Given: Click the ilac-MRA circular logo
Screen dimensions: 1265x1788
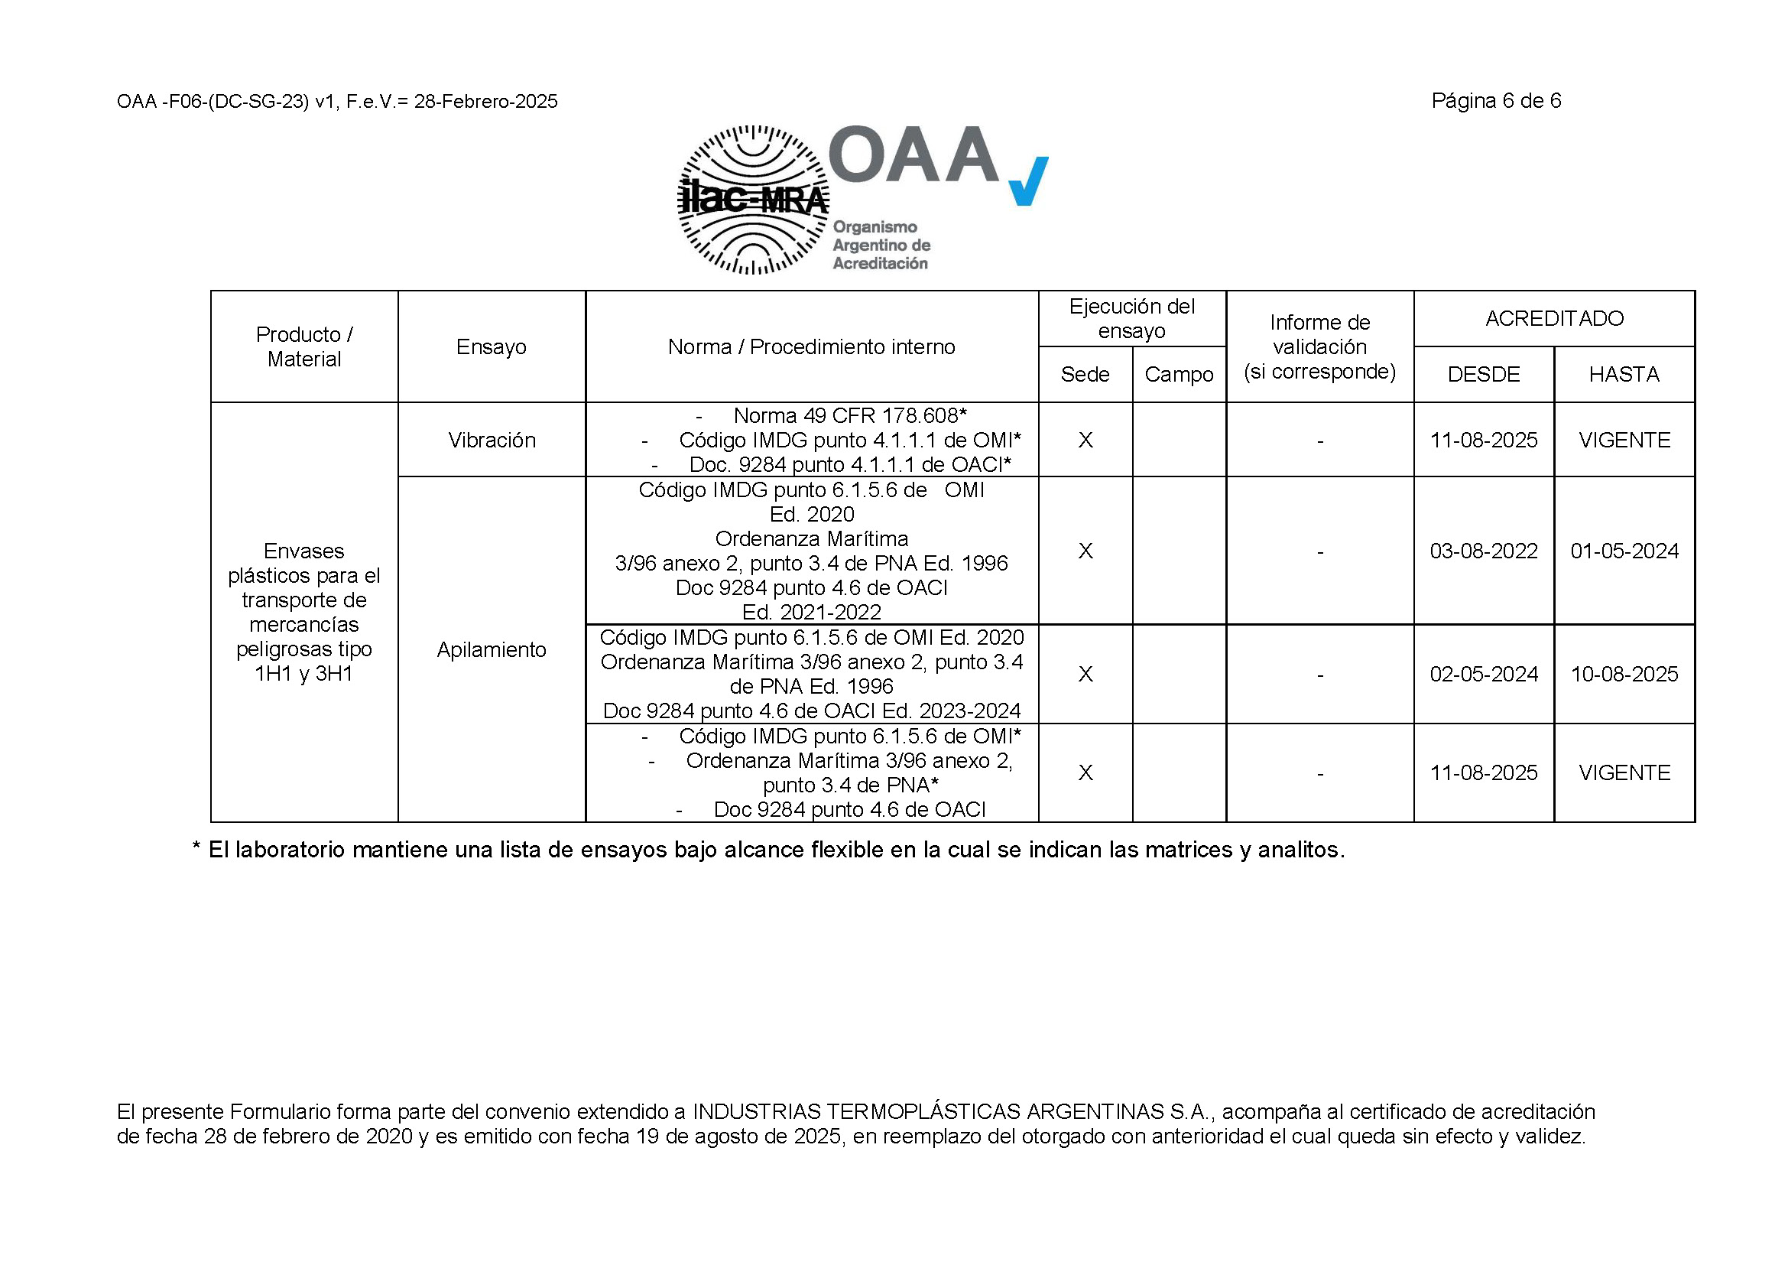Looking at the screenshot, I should point(752,200).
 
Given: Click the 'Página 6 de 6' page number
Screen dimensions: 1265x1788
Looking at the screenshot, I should point(1495,100).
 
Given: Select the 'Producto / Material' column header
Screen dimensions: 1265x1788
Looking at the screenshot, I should point(303,346).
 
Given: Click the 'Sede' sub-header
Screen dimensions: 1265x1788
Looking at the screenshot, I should point(1085,375).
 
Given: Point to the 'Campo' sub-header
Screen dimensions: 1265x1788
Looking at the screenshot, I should point(1178,375).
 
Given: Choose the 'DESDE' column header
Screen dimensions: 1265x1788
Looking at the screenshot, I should point(1483,375).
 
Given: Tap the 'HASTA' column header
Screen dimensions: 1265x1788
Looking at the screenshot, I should point(1624,375).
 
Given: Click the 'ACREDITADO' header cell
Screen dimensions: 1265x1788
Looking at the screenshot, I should point(1553,319).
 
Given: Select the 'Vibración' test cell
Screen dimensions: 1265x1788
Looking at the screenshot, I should point(492,440).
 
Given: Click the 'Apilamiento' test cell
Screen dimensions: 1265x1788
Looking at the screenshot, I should point(492,649).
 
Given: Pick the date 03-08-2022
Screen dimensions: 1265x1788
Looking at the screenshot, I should point(1483,551).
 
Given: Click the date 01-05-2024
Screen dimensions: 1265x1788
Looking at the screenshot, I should point(1624,551).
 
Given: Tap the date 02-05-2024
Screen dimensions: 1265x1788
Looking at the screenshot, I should point(1483,675).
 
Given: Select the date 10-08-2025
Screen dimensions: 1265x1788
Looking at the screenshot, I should point(1624,675).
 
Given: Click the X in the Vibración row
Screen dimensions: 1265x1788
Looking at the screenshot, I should point(1085,441).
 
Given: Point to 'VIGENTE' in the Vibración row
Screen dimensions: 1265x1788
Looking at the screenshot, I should point(1624,441).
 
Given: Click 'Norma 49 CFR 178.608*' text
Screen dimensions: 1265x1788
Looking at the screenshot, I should point(849,416).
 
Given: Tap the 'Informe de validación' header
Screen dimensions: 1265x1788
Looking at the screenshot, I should point(1319,346).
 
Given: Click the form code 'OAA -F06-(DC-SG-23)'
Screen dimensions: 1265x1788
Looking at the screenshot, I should point(213,102).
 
